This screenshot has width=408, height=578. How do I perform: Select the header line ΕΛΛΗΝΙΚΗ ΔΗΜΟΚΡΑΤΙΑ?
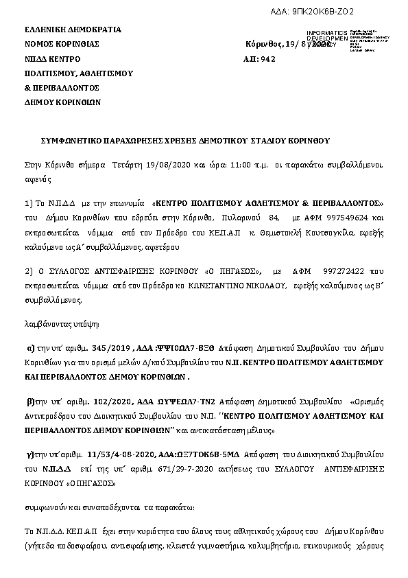pos(73,30)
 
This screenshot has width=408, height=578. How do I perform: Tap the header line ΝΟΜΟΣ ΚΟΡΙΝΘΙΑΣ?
pos(62,43)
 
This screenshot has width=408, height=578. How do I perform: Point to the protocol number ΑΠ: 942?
pos(259,59)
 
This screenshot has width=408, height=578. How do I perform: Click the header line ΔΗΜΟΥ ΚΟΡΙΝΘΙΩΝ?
pos(62,102)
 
